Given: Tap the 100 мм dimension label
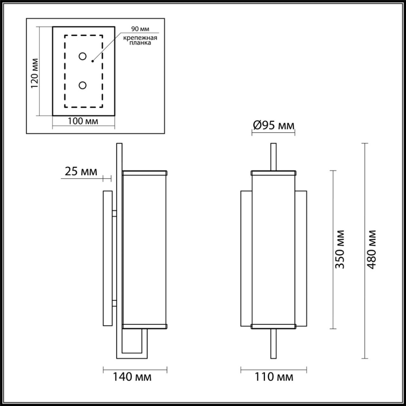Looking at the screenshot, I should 83,121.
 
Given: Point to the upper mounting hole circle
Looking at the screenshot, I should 82,56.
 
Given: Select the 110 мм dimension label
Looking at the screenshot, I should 274,376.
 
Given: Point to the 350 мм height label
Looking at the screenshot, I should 340,249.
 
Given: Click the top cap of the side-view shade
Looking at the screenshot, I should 144,173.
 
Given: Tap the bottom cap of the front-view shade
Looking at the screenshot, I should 273,326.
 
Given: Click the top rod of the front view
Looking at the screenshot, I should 273,157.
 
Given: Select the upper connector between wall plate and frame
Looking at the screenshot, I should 114,213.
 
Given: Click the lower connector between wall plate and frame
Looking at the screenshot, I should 114,303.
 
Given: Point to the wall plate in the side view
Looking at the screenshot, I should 107,258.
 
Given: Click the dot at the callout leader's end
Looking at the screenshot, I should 92,62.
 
